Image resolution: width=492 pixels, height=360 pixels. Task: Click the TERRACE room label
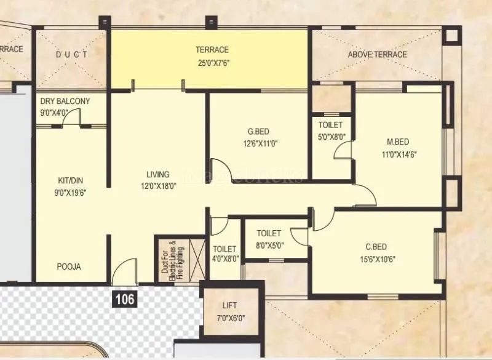pos(212,50)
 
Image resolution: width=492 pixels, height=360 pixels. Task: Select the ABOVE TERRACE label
pos(377,54)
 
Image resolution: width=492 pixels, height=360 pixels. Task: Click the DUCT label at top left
pos(71,55)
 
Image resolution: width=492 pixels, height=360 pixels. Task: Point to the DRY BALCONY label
pos(65,101)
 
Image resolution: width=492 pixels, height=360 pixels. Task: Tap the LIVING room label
pos(157,174)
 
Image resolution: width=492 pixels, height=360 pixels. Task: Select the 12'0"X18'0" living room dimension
pos(157,186)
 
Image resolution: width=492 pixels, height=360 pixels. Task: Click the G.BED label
pos(258,131)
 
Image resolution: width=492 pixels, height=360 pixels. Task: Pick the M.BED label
pos(399,142)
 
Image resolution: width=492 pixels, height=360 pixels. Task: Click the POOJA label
pos(69,267)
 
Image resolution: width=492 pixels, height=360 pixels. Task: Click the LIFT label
pos(229,305)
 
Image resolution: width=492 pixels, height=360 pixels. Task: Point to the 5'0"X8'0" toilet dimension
pos(331,137)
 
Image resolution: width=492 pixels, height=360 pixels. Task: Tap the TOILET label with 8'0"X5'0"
pos(269,233)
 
